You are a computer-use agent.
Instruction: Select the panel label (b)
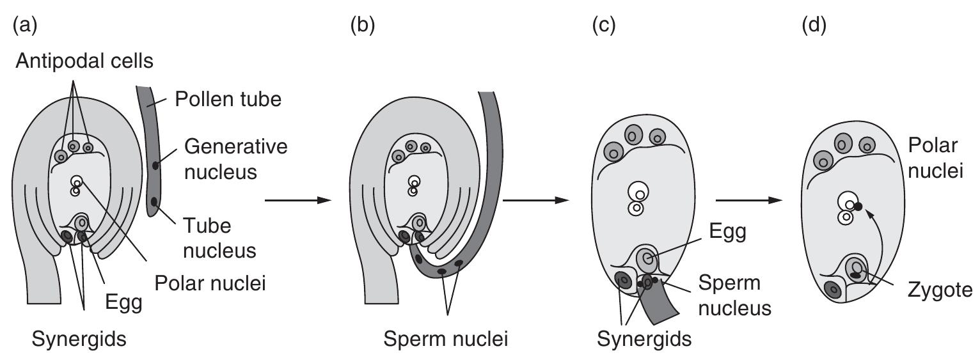point(364,25)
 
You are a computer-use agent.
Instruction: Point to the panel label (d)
point(813,25)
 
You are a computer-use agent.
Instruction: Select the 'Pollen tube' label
point(228,100)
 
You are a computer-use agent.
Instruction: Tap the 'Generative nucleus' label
point(235,158)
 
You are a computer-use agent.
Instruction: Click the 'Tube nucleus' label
point(219,238)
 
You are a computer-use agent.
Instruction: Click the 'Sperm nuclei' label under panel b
point(446,338)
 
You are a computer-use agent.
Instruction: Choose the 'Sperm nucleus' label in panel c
point(734,296)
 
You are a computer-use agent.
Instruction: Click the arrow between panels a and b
point(297,201)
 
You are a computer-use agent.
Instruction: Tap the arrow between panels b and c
point(535,200)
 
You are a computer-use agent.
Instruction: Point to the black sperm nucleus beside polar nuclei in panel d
point(858,206)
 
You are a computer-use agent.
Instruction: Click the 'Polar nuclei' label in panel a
point(210,280)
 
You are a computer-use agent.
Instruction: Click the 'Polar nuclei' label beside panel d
point(933,158)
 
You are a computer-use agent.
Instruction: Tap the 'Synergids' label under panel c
point(644,338)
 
